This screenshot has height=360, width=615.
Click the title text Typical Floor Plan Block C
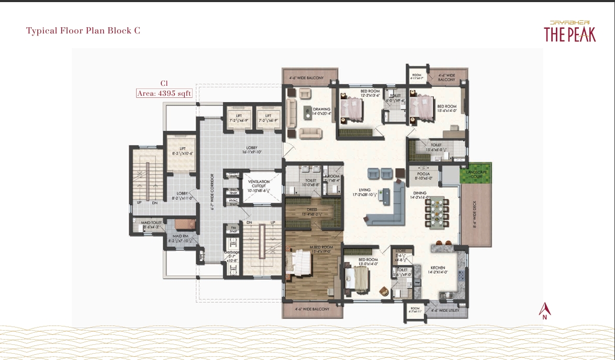pyautogui.click(x=83, y=30)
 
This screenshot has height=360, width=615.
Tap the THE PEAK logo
pyautogui.click(x=569, y=32)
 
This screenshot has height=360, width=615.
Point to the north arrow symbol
pyautogui.click(x=545, y=311)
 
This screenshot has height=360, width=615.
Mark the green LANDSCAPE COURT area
pyautogui.click(x=475, y=173)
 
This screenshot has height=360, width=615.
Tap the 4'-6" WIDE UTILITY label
pyautogui.click(x=442, y=310)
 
